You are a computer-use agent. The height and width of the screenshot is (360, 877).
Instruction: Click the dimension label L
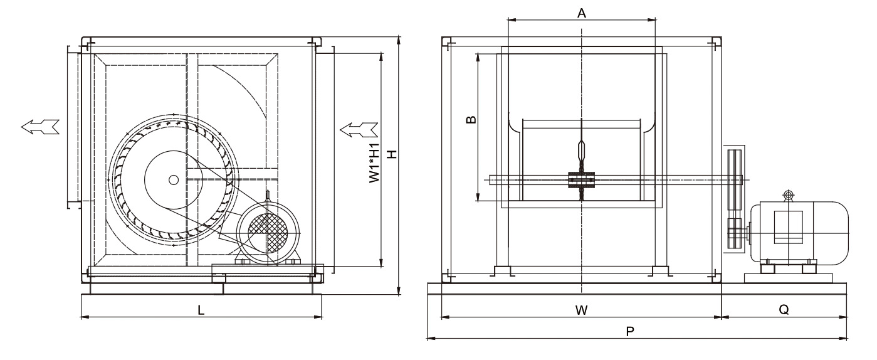pos(201,309)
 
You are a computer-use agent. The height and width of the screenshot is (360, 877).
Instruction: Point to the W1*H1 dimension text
pos(374,165)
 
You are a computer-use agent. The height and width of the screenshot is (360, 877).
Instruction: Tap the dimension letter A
pos(582,13)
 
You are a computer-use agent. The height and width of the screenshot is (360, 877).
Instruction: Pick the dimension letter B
pos(473,119)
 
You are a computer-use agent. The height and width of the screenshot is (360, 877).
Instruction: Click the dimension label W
pos(581,309)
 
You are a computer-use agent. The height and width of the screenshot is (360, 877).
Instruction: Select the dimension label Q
pos(784,309)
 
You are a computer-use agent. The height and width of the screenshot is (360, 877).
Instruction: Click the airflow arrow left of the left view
pos(40,127)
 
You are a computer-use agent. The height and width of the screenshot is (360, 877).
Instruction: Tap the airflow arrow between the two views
pos(359,130)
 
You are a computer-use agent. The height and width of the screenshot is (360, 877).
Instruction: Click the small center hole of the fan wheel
pos(173,179)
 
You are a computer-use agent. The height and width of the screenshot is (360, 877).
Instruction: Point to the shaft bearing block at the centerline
pos(582,180)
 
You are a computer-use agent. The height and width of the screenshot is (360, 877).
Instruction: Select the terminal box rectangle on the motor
pos(789,228)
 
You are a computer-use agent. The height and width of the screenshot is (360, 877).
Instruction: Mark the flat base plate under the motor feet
pos(788,277)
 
